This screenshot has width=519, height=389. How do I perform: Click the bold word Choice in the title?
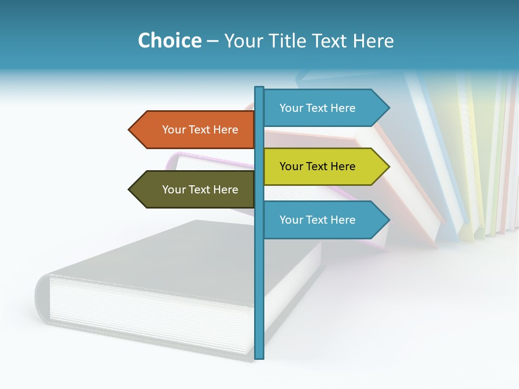(169, 41)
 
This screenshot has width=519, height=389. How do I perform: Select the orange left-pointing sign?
(195, 130)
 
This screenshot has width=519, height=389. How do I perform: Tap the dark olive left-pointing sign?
(195, 190)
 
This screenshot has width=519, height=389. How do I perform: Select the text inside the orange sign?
(200, 130)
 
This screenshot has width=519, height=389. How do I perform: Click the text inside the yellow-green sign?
(317, 166)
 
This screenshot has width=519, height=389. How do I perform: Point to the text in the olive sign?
(200, 190)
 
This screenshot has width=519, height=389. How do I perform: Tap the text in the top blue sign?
(317, 108)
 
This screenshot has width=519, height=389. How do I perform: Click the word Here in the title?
(373, 41)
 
